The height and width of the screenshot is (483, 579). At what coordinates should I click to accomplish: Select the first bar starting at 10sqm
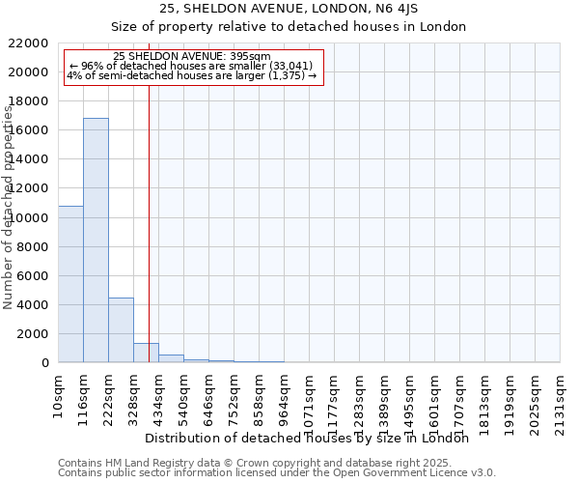70,284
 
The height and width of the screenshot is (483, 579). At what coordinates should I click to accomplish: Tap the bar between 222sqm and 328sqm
121,330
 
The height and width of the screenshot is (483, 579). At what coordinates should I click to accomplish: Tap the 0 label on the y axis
46,363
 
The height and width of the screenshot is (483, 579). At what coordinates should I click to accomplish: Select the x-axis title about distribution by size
313,438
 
